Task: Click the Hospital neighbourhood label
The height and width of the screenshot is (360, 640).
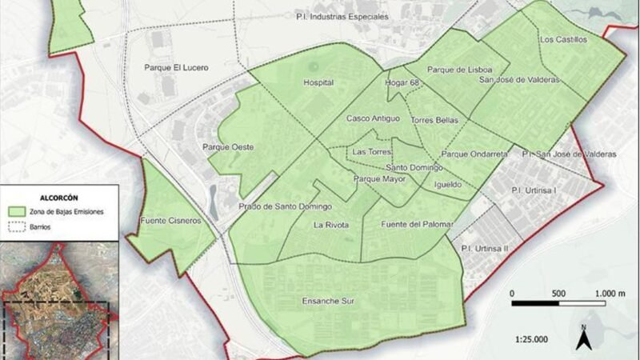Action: coord(318,82)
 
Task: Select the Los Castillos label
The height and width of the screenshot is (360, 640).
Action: coord(563,38)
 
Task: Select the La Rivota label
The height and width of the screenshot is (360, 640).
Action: coord(331,225)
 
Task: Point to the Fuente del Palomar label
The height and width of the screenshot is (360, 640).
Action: coord(417,223)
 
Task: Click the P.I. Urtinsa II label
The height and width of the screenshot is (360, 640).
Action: coord(485,249)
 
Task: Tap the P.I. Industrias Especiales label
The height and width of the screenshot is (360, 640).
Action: coord(353,16)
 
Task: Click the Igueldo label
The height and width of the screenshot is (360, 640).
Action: coord(447,184)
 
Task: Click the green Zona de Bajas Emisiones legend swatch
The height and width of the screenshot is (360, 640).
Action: coord(16,211)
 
